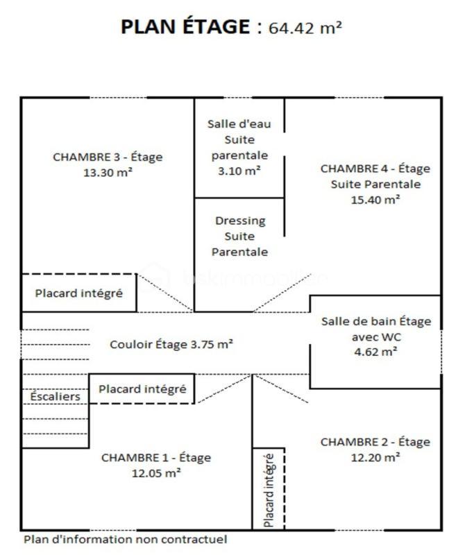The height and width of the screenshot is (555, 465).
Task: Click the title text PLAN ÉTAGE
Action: [184, 27]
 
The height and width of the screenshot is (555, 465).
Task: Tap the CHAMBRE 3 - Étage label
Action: [108, 157]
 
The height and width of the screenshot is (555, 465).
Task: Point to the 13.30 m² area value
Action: [108, 173]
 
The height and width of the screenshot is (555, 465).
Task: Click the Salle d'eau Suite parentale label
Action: [239, 139]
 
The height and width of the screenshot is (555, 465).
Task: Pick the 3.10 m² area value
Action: [239, 171]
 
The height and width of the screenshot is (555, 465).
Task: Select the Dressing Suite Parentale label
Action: [239, 237]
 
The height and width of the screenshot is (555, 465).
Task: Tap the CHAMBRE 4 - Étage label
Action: [375, 169]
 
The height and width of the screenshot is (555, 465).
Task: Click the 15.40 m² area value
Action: [375, 199]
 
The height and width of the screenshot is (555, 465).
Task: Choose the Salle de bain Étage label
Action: [375, 321]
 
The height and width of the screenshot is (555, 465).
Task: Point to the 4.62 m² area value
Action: [375, 352]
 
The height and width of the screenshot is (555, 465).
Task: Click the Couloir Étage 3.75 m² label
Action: [171, 343]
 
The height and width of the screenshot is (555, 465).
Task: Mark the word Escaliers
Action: [55, 397]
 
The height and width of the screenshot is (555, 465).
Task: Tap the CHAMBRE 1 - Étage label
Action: [156, 457]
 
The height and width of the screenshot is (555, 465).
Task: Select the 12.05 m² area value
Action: [156, 473]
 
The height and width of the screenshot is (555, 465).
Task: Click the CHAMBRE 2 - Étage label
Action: [375, 442]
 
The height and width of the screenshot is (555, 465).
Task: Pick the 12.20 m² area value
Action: [375, 457]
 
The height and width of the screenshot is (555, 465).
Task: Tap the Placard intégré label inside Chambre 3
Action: [79, 293]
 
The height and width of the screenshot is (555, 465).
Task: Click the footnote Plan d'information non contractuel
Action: [126, 539]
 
